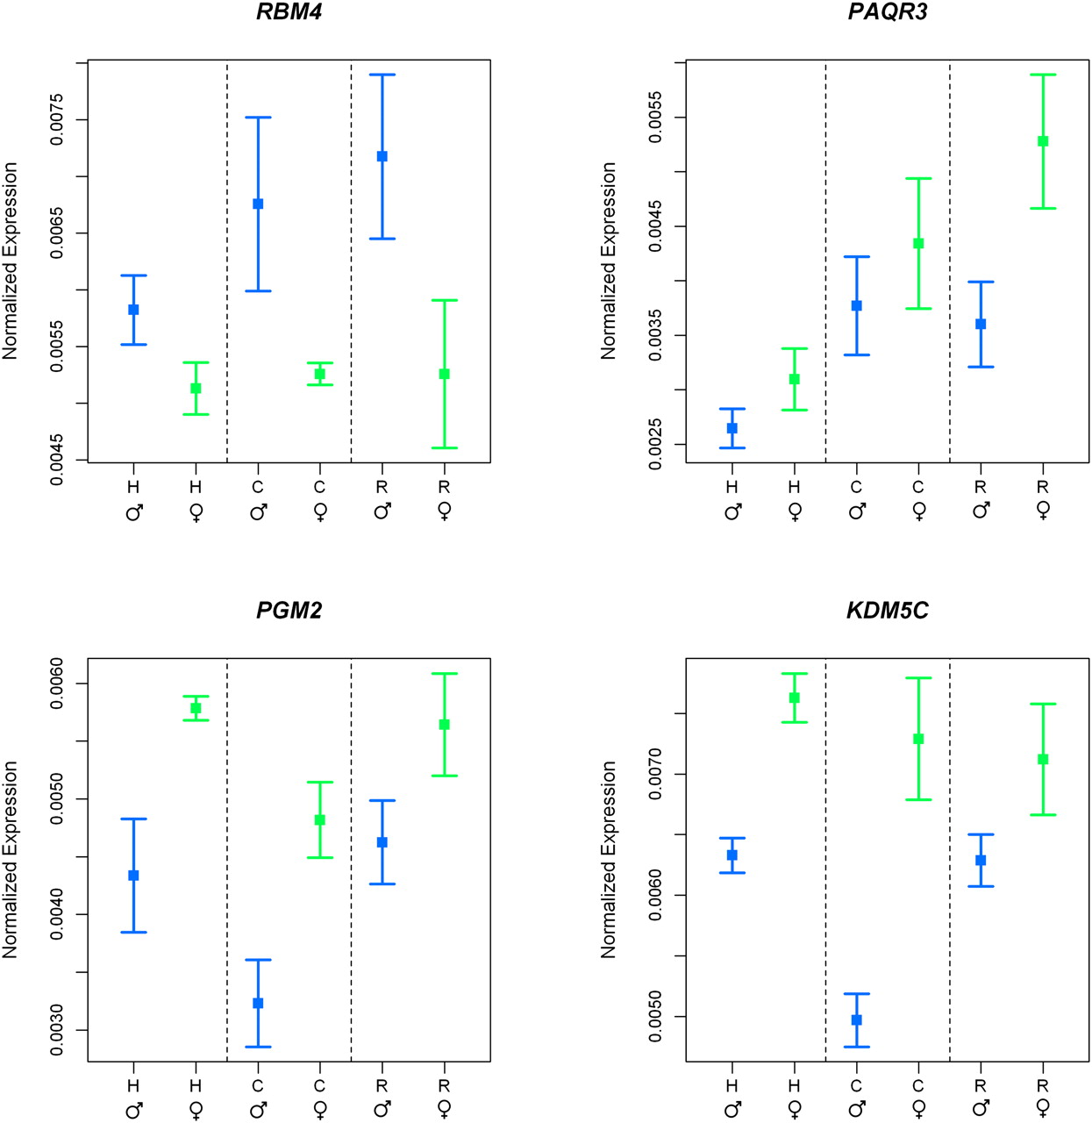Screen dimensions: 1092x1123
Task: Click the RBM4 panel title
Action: click(x=289, y=11)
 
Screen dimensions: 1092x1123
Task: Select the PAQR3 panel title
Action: click(x=888, y=11)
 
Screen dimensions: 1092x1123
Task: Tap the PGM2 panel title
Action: click(x=289, y=610)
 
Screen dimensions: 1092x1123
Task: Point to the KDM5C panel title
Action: click(x=888, y=610)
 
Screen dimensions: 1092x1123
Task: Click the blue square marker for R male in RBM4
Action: click(x=382, y=156)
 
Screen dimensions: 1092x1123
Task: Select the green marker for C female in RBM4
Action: click(x=319, y=374)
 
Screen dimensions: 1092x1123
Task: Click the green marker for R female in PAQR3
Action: click(x=1042, y=141)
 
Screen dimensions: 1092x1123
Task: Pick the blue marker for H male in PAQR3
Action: click(x=732, y=428)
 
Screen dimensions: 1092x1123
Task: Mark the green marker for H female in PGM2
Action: click(x=196, y=708)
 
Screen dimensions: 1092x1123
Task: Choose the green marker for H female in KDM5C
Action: click(x=795, y=697)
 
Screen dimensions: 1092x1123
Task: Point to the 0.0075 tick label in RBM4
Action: click(x=57, y=120)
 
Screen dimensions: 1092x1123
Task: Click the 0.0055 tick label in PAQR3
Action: click(x=655, y=118)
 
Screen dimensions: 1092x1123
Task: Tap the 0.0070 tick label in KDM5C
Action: click(x=655, y=774)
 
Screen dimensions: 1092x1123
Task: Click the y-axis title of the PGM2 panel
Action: click(x=11, y=860)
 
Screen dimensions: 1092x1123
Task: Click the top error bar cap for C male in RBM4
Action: click(x=258, y=118)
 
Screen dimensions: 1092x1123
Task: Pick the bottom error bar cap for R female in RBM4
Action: click(x=444, y=447)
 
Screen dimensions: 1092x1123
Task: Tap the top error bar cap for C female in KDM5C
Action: click(x=918, y=678)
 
